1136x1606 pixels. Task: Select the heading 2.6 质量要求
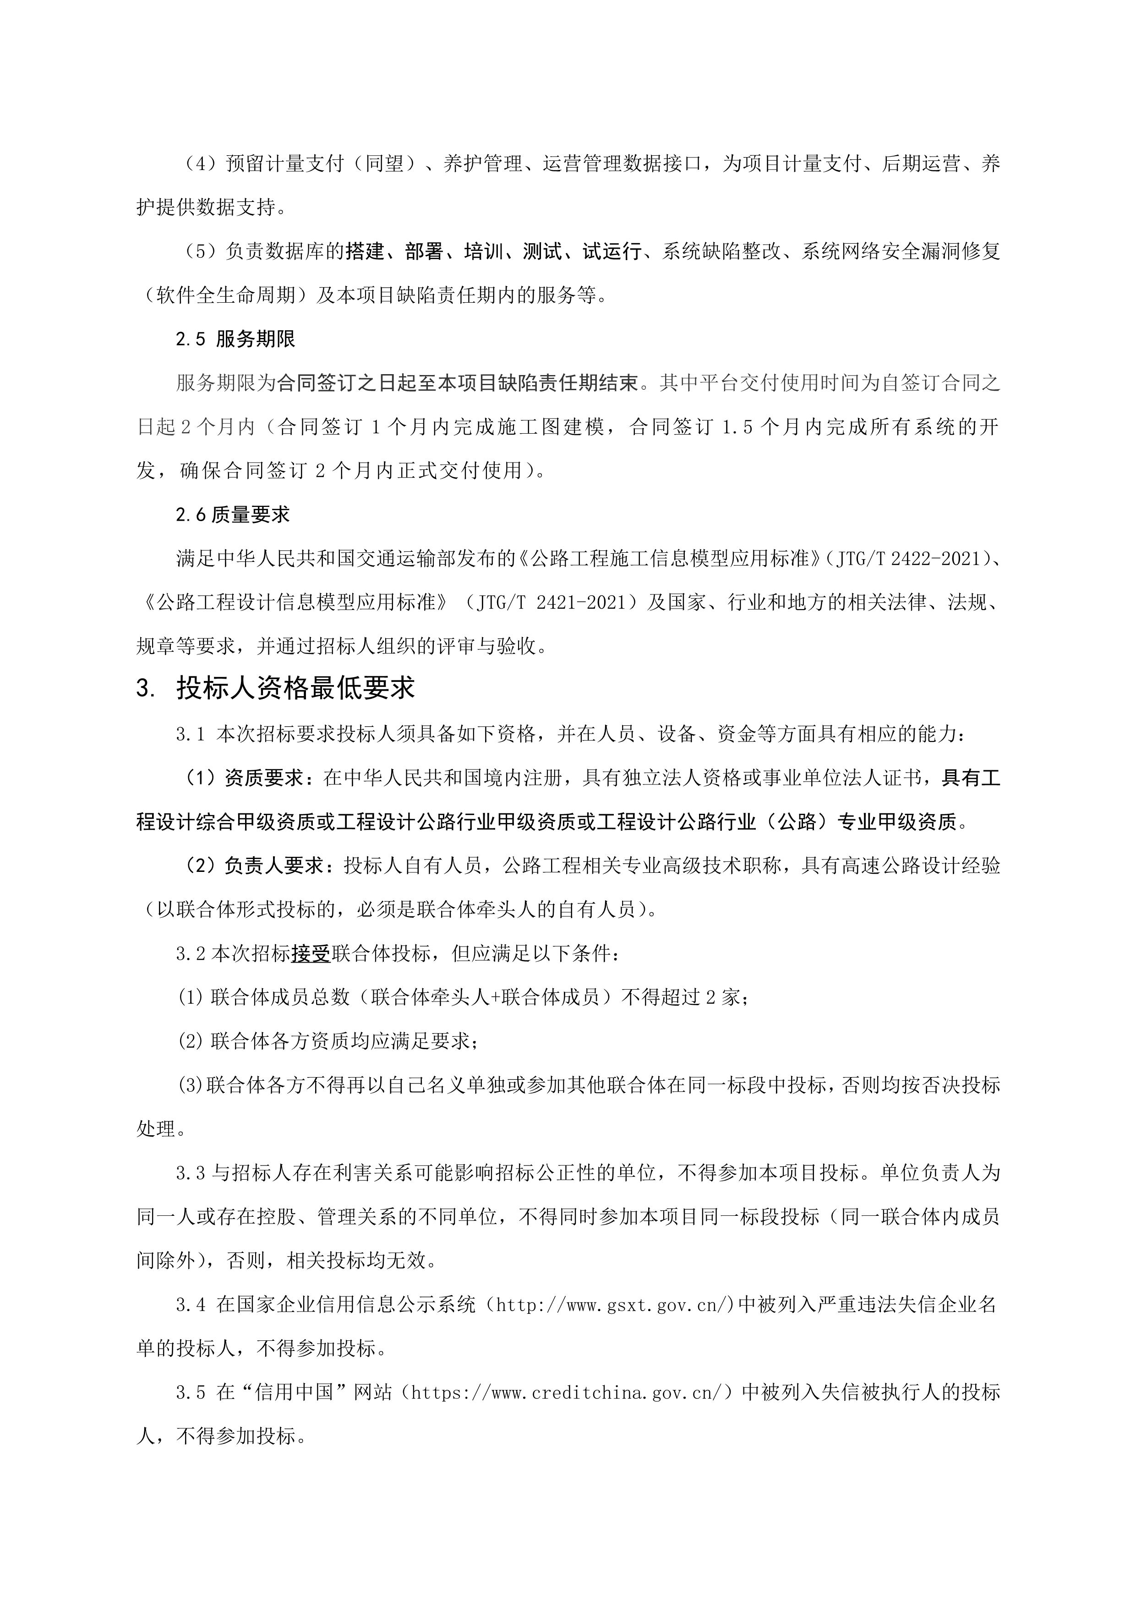coord(232,515)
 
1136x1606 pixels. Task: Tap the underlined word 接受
coord(311,953)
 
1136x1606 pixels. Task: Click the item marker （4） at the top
coord(199,163)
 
